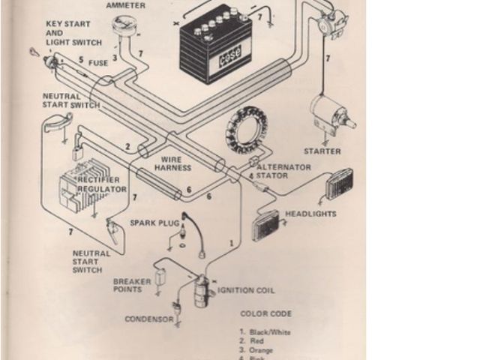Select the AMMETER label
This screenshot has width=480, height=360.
pos(126,5)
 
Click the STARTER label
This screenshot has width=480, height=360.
pos(323,151)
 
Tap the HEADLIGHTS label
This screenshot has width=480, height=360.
pos(310,214)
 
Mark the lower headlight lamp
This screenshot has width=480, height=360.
pos(266,224)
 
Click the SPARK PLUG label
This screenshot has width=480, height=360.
pos(154,223)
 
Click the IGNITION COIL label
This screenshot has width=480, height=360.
pos(246,290)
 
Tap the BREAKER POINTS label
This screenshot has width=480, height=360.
pos(132,286)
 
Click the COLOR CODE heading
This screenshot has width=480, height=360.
pos(266,313)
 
